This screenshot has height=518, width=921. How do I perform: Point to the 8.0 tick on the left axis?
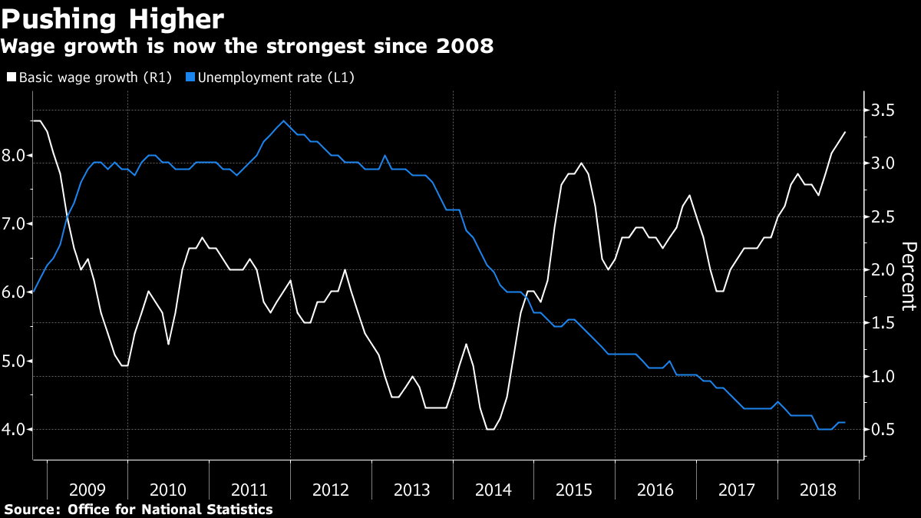15,155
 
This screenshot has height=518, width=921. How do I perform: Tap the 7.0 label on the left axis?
15,223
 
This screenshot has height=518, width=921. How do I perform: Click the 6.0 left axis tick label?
15,292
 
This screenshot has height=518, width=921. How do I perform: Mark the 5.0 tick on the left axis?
15,361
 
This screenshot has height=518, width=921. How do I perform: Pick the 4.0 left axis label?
15,429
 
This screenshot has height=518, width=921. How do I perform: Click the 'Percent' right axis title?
909,276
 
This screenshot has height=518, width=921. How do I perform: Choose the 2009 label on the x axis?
87,490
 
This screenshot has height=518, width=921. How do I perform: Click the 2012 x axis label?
331,490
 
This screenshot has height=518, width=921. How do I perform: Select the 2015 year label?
574,490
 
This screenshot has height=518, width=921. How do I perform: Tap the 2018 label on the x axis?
818,490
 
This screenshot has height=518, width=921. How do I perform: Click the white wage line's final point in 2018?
845,132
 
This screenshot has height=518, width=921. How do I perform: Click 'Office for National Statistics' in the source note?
170,509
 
